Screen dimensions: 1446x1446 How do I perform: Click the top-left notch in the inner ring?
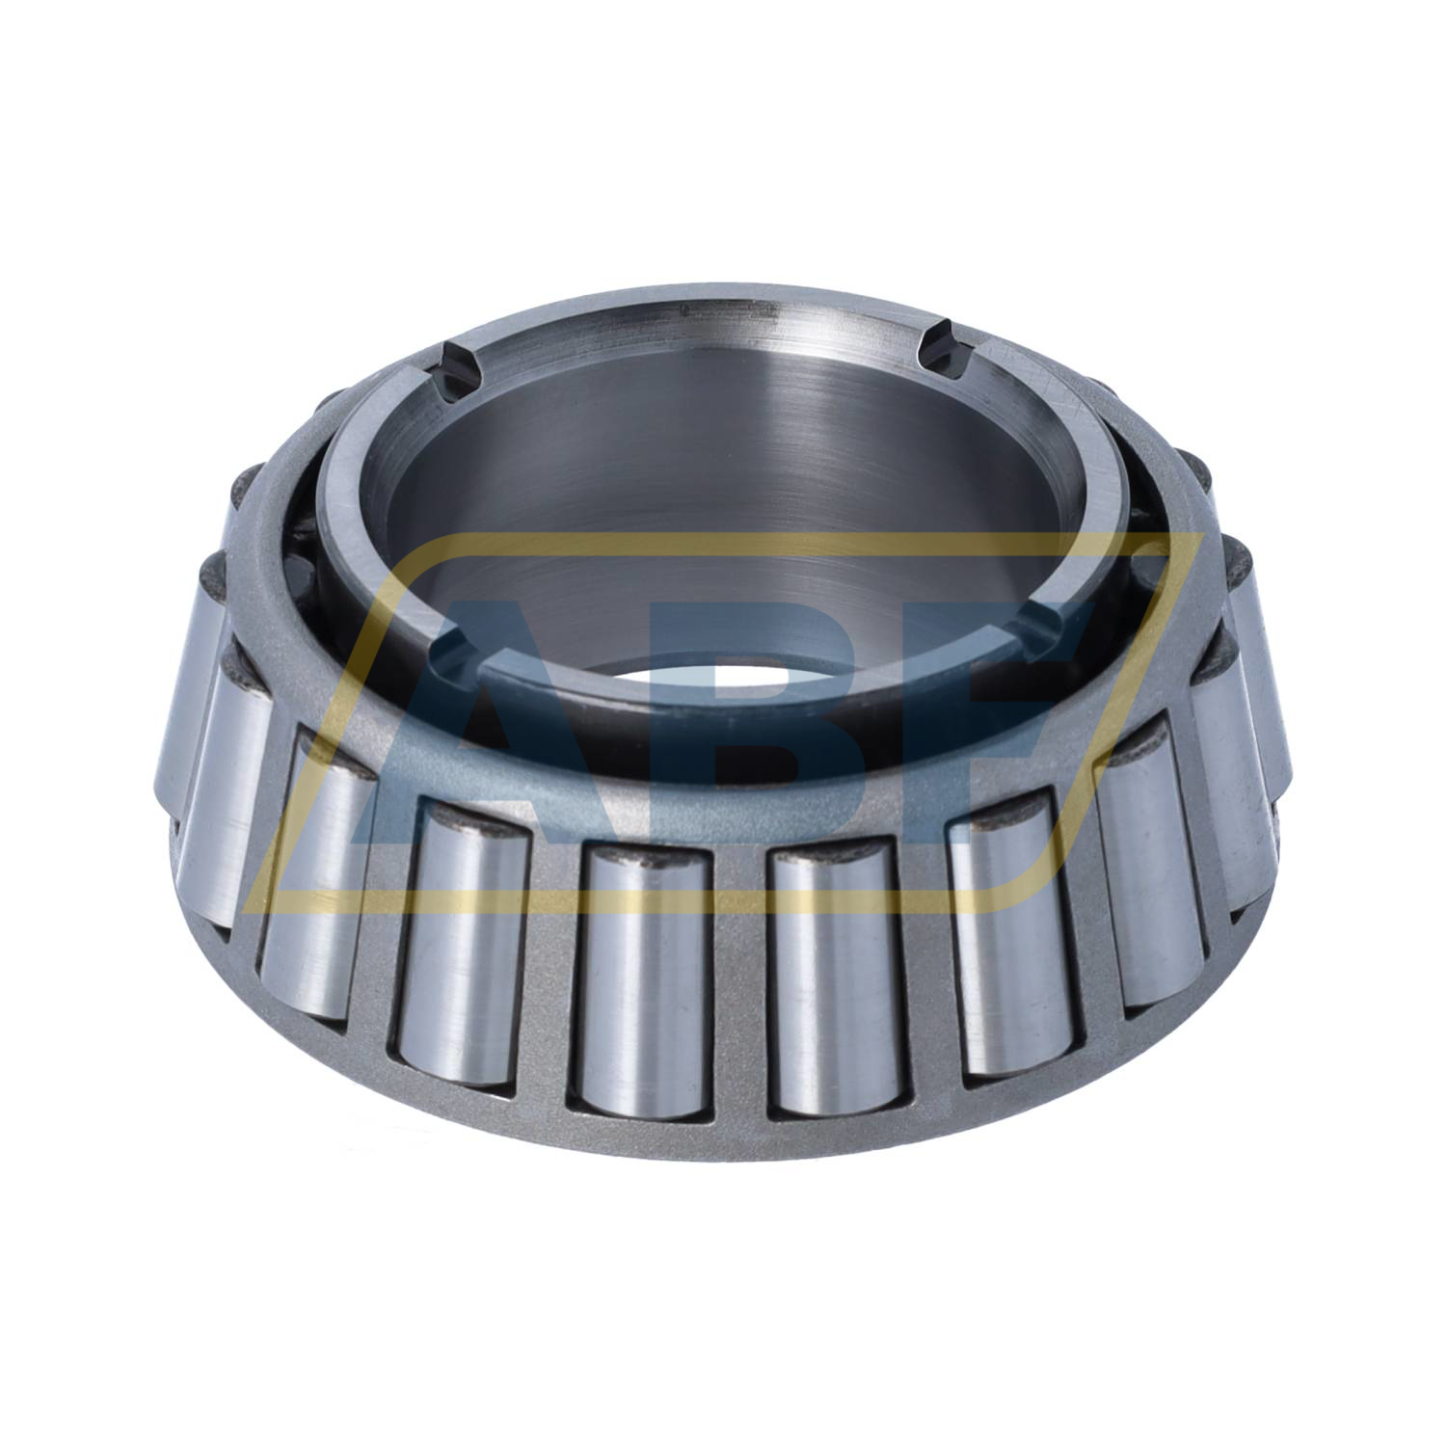(454, 365)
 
